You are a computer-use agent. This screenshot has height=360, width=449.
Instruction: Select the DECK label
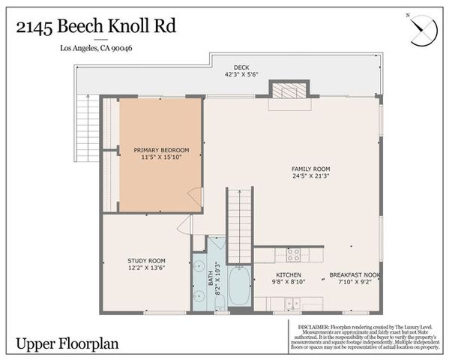pos(241,67)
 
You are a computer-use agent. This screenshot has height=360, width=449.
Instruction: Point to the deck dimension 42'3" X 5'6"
pos(241,75)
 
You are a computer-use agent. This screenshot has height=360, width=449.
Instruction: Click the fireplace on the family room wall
pos(285,91)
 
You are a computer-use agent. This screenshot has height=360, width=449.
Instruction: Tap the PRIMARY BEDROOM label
pos(161,151)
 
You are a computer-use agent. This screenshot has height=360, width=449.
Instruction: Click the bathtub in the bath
pos(239,286)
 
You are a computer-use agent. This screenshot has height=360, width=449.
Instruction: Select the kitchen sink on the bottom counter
pos(292,303)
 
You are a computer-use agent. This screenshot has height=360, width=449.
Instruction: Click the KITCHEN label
pos(288,275)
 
